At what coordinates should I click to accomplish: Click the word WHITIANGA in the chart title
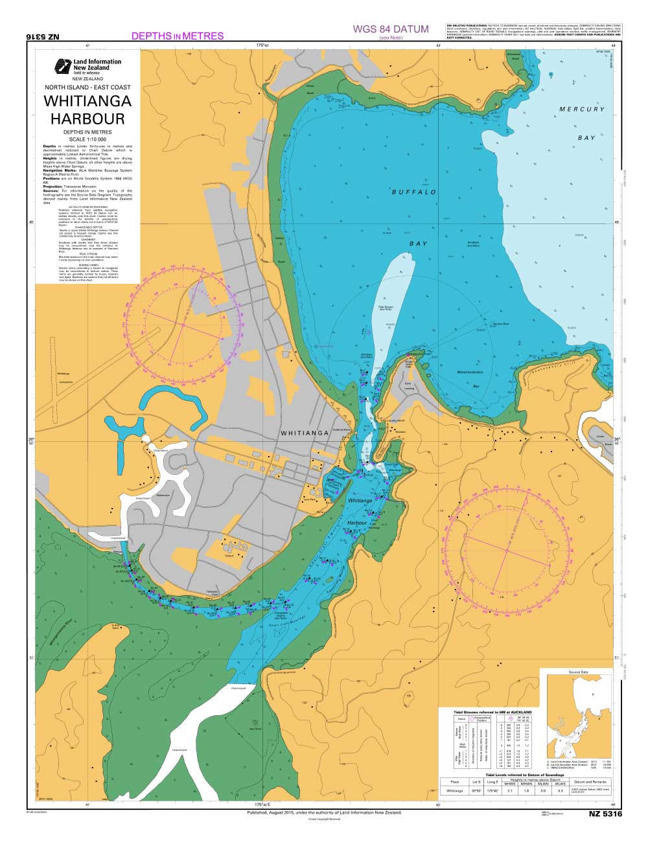[x=87, y=102]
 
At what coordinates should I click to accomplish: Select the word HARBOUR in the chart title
[x=87, y=119]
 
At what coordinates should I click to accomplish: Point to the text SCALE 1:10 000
[x=87, y=139]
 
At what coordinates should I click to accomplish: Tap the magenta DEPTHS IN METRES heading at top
[x=177, y=36]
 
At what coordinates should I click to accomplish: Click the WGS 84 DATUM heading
[x=391, y=29]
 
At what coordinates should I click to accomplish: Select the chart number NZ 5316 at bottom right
[x=605, y=814]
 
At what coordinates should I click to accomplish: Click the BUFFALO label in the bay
[x=414, y=192]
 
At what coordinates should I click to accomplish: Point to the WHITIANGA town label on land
[x=306, y=433]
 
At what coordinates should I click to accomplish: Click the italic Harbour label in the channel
[x=357, y=522]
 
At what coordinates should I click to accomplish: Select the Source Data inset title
[x=579, y=672]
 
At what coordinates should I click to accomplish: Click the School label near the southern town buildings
[x=229, y=555]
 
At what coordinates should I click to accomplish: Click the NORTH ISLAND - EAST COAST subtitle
[x=87, y=87]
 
